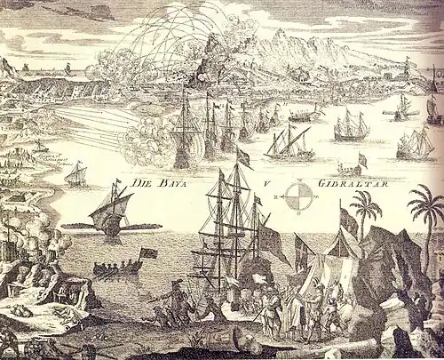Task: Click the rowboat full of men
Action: click(115, 268)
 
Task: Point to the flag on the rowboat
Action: click(149, 253)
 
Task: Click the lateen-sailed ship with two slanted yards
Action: click(289, 140)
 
